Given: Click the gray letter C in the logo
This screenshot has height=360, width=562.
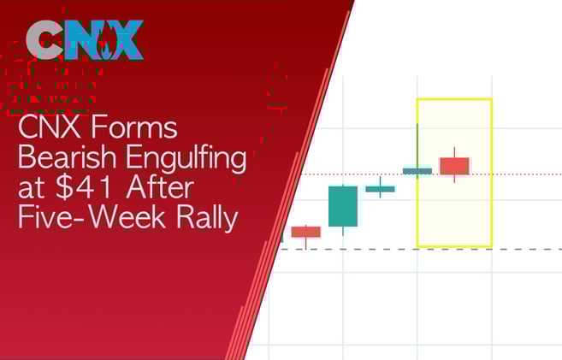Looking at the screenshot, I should click(x=45, y=39).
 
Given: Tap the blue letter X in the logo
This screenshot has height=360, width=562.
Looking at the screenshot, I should click(x=122, y=39).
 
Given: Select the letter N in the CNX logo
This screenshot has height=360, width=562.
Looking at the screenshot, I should click(x=83, y=39).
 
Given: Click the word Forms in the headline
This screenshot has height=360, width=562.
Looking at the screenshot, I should click(x=133, y=129).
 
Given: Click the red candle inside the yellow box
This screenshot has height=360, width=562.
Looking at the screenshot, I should click(x=454, y=165).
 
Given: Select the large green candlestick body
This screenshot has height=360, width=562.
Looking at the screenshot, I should click(x=343, y=206).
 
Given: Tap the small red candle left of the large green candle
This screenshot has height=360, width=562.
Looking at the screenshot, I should click(x=305, y=232).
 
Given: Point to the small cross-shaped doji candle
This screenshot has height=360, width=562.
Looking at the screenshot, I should click(x=380, y=188).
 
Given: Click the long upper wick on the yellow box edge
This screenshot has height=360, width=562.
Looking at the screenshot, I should click(x=417, y=144).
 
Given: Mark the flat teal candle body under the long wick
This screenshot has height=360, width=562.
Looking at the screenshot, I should click(x=417, y=171).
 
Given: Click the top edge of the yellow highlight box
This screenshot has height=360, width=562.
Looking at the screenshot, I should click(x=454, y=100).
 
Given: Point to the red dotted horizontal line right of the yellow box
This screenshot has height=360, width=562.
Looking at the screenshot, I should click(x=526, y=174).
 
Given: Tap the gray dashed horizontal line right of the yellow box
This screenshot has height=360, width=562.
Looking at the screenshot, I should click(x=526, y=249).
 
